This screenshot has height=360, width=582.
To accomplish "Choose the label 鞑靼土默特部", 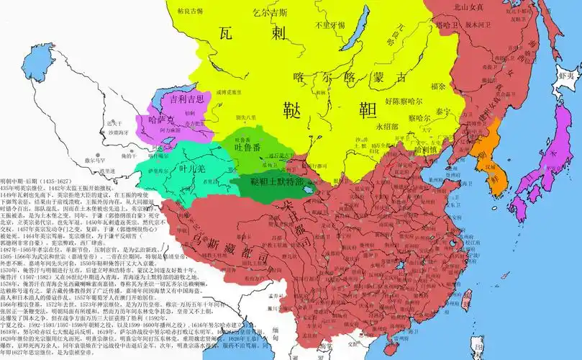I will [x=268, y=182].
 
